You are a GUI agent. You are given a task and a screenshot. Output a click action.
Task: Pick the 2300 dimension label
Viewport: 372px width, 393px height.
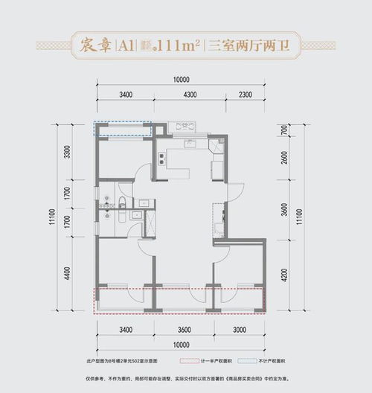249,95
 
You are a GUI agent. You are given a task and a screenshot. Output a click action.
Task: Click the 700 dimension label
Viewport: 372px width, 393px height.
284,130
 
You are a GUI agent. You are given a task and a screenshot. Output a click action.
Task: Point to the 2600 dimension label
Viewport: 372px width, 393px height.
284,159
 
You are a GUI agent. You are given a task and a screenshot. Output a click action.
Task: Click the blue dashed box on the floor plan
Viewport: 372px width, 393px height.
123,129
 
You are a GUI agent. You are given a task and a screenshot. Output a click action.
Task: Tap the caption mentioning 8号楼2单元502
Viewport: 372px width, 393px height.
112,360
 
